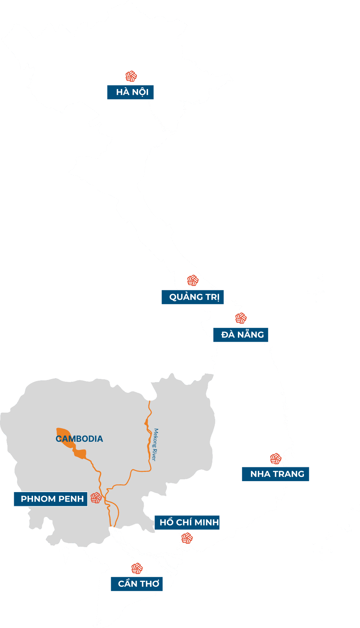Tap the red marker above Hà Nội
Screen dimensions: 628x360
[x=131, y=76]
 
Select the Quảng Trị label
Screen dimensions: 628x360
[x=192, y=297]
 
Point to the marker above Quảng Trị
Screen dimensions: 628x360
[x=193, y=280]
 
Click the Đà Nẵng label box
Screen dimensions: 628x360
[x=241, y=335]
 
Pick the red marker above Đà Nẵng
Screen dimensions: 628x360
[x=241, y=318]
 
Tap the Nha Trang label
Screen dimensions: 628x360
[x=276, y=474]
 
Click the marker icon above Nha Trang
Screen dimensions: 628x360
[x=276, y=458]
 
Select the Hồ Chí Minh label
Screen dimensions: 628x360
[x=187, y=522]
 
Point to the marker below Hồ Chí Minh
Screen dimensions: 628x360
[x=187, y=538]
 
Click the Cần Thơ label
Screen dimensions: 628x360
[x=137, y=584]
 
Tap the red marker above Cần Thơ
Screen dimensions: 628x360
[x=137, y=568]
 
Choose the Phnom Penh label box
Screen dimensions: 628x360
[x=50, y=499]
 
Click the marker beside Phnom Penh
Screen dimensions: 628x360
[x=96, y=498]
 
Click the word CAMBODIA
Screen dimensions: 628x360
[x=80, y=439]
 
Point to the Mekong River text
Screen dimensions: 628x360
[x=155, y=445]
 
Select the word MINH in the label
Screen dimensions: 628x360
[x=207, y=522]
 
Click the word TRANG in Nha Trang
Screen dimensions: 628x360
[x=289, y=474]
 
